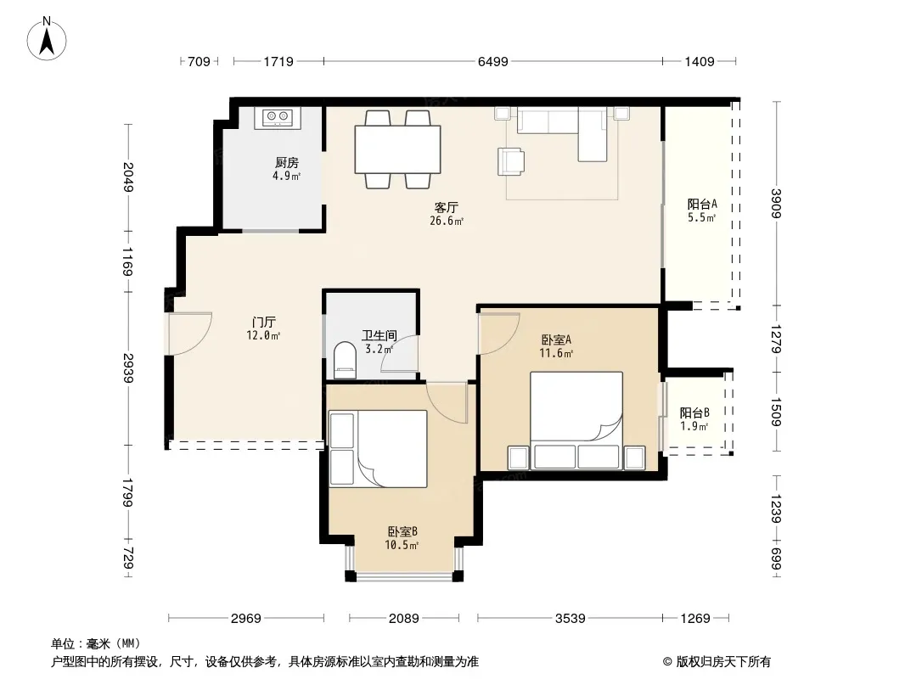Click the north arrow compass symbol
click(x=47, y=39)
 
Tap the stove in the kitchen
click(x=278, y=118)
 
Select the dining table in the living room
click(x=397, y=149)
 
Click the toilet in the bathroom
click(x=346, y=360)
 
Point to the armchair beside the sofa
click(x=511, y=161)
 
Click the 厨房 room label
click(x=287, y=163)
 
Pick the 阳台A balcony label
click(x=702, y=205)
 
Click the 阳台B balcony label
click(x=694, y=413)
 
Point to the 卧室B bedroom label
click(x=402, y=531)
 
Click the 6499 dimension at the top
click(x=493, y=61)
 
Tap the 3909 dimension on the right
click(x=776, y=204)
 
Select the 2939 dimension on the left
click(x=128, y=368)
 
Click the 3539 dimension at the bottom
click(x=571, y=619)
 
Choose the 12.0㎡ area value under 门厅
click(x=263, y=336)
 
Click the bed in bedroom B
click(x=378, y=449)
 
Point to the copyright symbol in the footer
click(x=667, y=662)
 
